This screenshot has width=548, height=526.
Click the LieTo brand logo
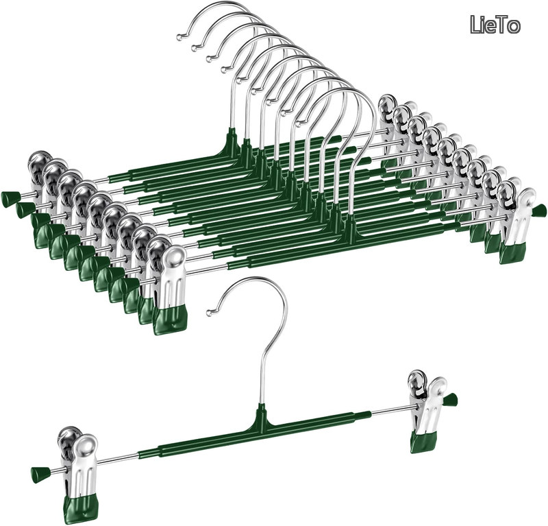pos(495,25)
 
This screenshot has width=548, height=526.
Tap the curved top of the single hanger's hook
pos(257,280)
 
